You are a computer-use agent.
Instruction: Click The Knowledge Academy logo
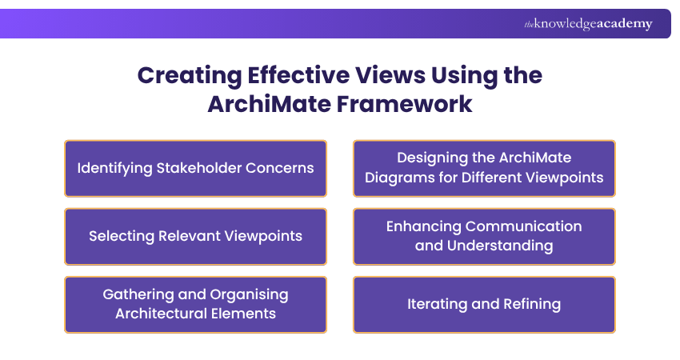588,24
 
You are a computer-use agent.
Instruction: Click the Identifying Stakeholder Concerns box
195,169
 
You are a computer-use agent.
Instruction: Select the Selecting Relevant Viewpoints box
195,237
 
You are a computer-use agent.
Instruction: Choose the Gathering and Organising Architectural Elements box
195,304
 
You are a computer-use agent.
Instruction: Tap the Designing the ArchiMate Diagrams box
484,169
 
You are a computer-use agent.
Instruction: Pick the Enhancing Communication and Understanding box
484,237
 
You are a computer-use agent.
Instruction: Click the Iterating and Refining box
484,304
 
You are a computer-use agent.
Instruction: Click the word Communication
524,226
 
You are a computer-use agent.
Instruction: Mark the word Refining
532,304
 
